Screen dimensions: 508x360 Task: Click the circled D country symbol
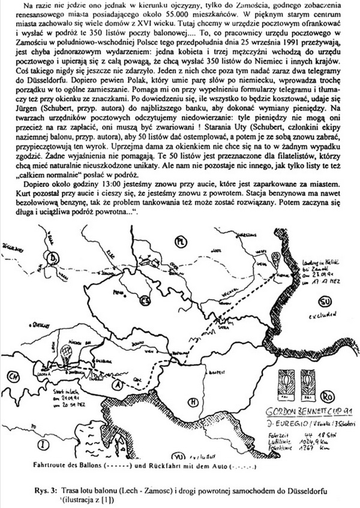pyautogui.click(x=55, y=258)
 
